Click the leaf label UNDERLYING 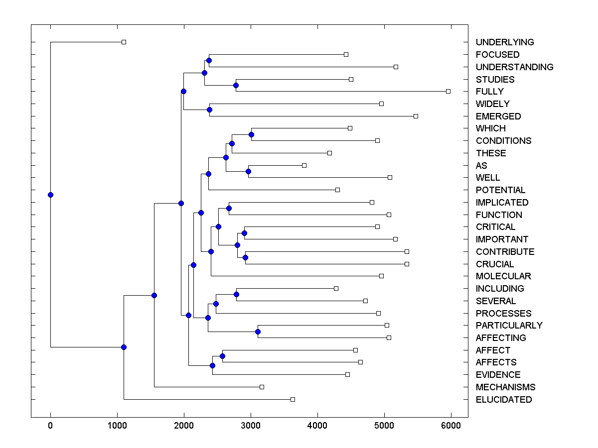coord(504,42)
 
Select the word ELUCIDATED coord(503,400)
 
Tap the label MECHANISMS coord(505,387)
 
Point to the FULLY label coord(489,92)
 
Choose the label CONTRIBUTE coord(505,252)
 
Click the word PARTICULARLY coord(509,326)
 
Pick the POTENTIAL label coord(500,190)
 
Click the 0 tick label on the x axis coord(50,425)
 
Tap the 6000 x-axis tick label coord(451,425)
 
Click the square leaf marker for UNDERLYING coord(124,42)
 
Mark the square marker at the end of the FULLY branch coord(448,91)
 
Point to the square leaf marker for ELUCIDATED coord(293,399)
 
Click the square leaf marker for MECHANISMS coord(262,387)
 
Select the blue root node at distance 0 coord(50,195)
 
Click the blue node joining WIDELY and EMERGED coord(209,110)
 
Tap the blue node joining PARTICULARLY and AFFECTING coord(258,332)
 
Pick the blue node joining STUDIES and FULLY coord(236,85)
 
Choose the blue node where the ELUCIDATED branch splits coord(124,347)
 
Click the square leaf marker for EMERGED coord(416,116)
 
